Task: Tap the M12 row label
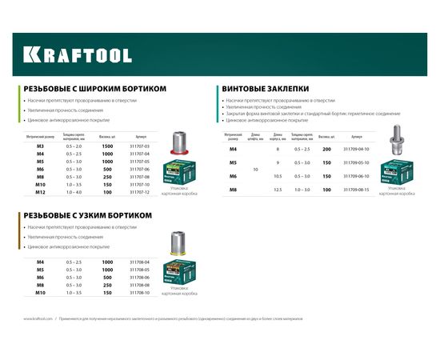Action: coord(39,192)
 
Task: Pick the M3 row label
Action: coord(39,146)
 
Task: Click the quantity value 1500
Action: coord(106,146)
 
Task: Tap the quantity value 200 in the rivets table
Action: coord(326,150)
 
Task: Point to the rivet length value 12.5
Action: coord(277,189)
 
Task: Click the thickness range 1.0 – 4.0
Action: coord(74,192)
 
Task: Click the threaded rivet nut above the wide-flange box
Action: coord(178,143)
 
